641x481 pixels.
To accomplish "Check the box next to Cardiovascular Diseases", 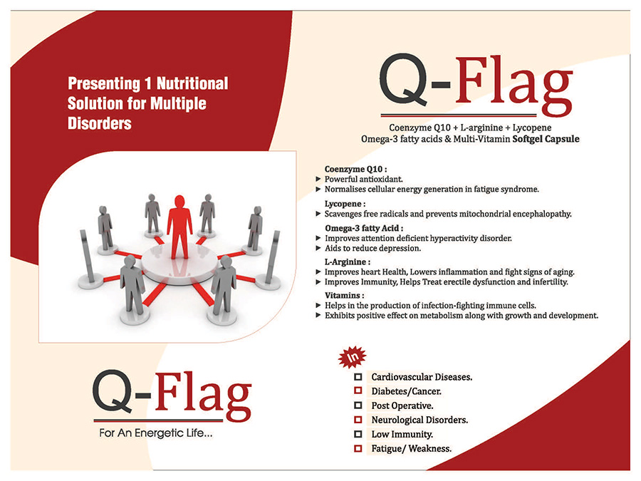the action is (x=358, y=377).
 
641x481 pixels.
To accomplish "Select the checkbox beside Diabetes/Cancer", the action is (x=358, y=391).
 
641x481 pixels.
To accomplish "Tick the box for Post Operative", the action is (x=358, y=405).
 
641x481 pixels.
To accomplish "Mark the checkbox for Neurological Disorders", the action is (x=358, y=419).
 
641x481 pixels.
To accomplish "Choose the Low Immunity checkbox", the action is (x=358, y=433).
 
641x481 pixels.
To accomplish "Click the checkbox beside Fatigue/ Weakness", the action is (x=358, y=448).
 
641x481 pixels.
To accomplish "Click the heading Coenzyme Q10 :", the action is (x=355, y=169).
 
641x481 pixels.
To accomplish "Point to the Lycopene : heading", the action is (x=345, y=204).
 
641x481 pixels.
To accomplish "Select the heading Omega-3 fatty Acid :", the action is (x=364, y=228).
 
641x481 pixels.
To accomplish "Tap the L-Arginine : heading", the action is (x=348, y=262).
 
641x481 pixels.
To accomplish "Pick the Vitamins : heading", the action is (x=344, y=295).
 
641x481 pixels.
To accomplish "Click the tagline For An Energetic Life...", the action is (x=156, y=433).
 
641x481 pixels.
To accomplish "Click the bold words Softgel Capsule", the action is (x=546, y=139).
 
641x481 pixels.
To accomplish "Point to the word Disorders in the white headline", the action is (x=99, y=123).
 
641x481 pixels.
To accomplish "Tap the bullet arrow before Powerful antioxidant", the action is (x=318, y=179).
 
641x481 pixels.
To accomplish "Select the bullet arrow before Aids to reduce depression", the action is (x=318, y=248).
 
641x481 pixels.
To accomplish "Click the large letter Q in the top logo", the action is (x=404, y=80).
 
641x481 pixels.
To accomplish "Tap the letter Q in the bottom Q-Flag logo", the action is (x=113, y=392).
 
